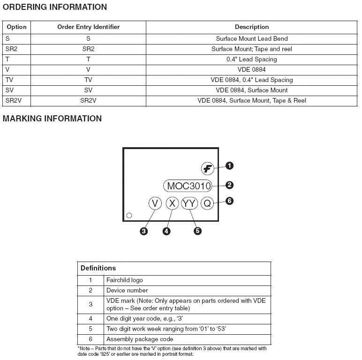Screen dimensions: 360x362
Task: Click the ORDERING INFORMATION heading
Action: (x=55, y=7)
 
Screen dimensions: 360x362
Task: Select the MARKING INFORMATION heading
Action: (x=52, y=119)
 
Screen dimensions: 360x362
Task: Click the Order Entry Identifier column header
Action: (x=88, y=27)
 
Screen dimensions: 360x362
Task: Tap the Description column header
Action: (x=252, y=27)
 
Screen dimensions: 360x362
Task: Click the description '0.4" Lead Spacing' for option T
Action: (x=252, y=59)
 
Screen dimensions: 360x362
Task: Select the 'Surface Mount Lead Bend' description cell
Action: (x=252, y=38)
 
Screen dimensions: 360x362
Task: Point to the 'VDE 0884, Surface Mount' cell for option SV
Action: (x=252, y=90)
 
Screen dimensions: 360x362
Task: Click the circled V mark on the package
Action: (x=155, y=203)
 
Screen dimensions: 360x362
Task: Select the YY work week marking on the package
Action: (x=190, y=203)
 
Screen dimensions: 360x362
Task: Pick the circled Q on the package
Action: (x=207, y=203)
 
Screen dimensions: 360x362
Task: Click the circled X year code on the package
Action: (x=173, y=203)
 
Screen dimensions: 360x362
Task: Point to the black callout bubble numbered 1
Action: (x=229, y=165)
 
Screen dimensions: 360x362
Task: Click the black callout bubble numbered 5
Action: (x=197, y=231)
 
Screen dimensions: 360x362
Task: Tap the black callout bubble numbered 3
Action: (x=144, y=231)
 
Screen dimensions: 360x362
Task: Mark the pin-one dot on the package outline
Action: (x=129, y=216)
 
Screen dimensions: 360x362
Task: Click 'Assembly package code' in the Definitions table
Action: (x=140, y=339)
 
